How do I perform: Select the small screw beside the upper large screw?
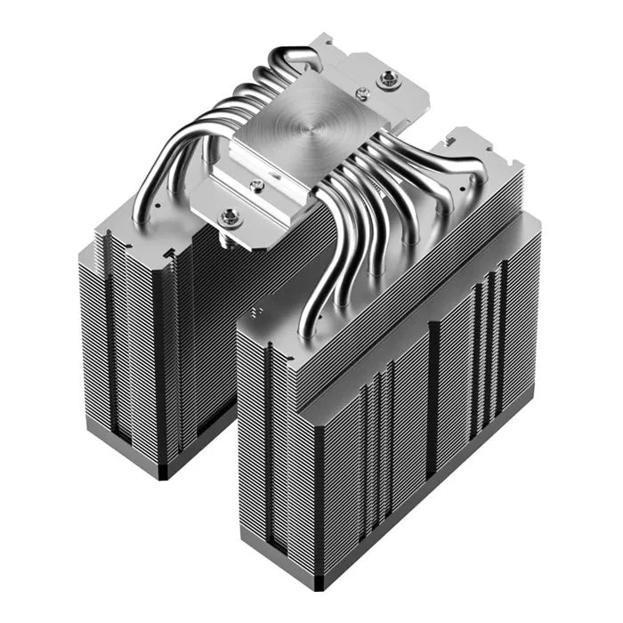[x=360, y=93]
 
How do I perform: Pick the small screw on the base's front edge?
[x=257, y=184]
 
